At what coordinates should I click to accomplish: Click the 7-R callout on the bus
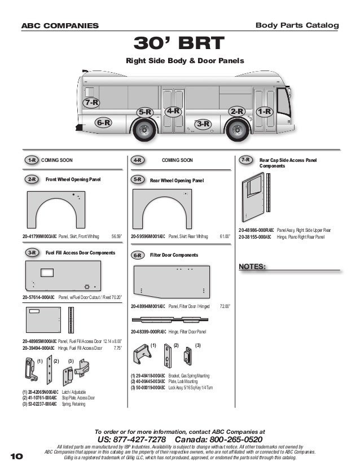pyautogui.click(x=91, y=103)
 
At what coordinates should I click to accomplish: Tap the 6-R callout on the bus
pyautogui.click(x=103, y=121)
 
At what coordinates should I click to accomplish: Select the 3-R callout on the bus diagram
pyautogui.click(x=203, y=124)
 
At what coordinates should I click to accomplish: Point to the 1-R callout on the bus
pyautogui.click(x=264, y=112)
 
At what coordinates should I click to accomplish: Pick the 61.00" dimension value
pyautogui.click(x=225, y=236)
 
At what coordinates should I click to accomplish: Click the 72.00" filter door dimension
pyautogui.click(x=225, y=306)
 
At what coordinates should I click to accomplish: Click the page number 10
pyautogui.click(x=17, y=455)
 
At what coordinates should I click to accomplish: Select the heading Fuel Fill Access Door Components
pyautogui.click(x=80, y=254)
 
